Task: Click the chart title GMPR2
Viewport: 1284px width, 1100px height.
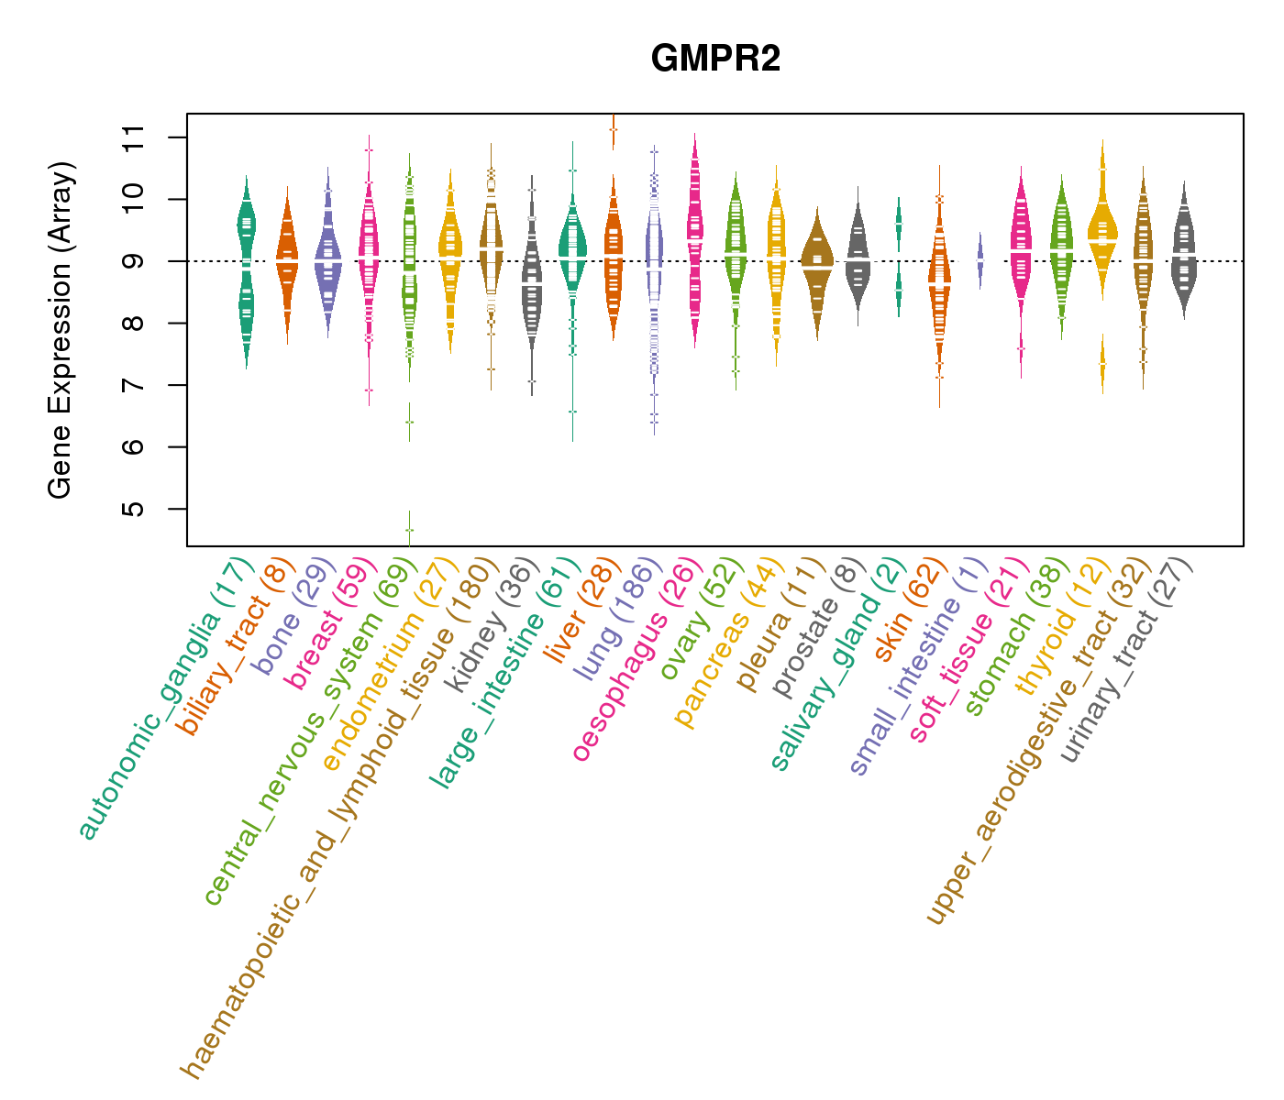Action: (715, 60)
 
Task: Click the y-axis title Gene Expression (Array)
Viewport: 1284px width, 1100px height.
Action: (61, 330)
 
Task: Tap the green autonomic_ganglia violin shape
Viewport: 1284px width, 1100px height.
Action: (246, 266)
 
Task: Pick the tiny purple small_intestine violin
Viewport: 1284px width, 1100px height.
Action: (980, 260)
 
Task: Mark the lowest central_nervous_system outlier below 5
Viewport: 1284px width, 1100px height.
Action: (410, 530)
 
